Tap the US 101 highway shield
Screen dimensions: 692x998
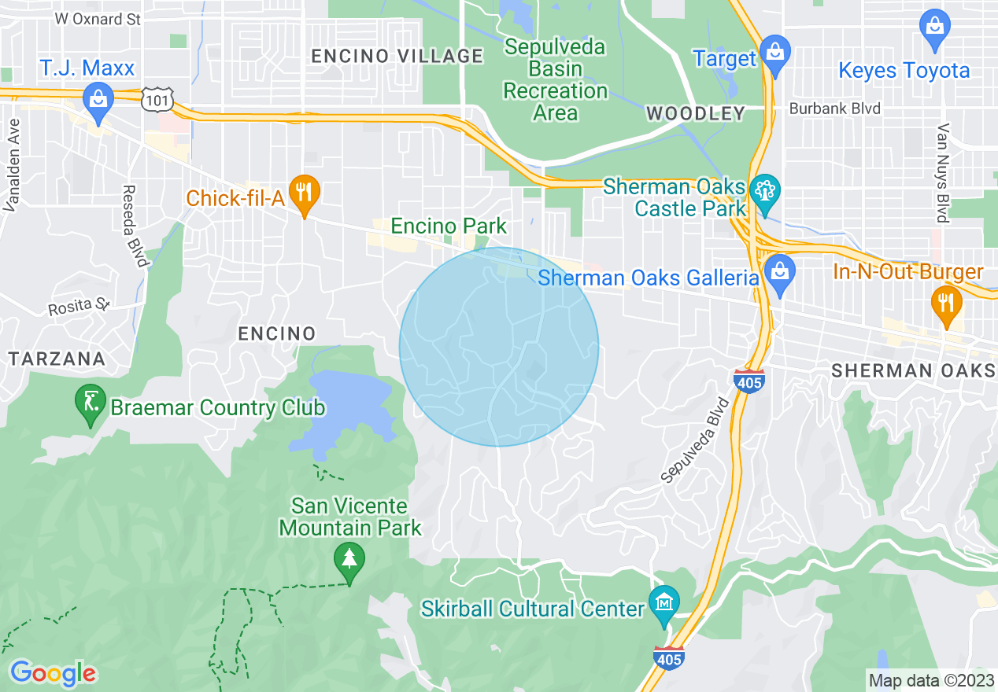pos(152,98)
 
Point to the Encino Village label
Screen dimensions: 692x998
pos(397,56)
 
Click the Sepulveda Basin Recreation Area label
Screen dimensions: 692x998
pos(555,79)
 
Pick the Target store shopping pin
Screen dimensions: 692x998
pos(775,53)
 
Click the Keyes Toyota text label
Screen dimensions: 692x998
pos(904,70)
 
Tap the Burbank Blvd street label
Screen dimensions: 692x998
pos(835,109)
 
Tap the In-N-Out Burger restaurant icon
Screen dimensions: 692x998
pos(945,303)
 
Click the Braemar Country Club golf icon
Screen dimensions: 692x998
pos(91,403)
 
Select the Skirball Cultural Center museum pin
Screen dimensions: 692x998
pos(664,604)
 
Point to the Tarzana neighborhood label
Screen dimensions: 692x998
pos(57,359)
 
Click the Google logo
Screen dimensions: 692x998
pos(53,673)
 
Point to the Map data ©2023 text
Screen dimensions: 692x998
pos(931,680)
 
